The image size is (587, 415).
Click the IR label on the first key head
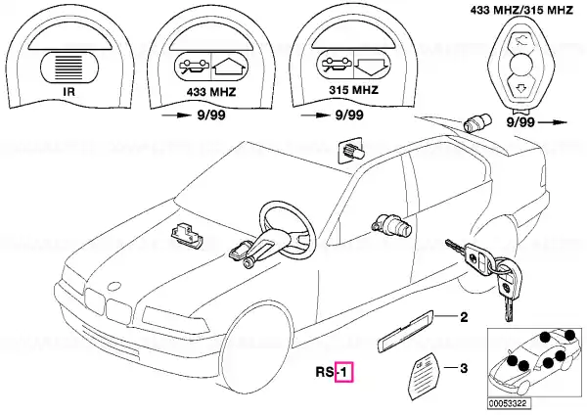(69, 91)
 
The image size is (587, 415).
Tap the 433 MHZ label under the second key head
(211, 92)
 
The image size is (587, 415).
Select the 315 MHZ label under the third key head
(354, 90)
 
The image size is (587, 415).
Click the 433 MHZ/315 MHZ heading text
(521, 10)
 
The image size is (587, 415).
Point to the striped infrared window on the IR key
(69, 68)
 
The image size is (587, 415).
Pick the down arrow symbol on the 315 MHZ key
(372, 67)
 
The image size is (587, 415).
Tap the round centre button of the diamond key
(521, 65)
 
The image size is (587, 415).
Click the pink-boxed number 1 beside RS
(344, 372)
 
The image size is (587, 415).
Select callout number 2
(464, 318)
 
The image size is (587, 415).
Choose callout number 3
(464, 369)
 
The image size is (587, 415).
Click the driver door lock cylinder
(391, 225)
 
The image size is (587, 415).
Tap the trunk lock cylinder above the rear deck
(475, 122)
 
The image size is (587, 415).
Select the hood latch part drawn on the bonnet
(187, 234)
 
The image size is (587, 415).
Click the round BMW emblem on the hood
(113, 286)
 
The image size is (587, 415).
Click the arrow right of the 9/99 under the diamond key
(554, 122)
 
